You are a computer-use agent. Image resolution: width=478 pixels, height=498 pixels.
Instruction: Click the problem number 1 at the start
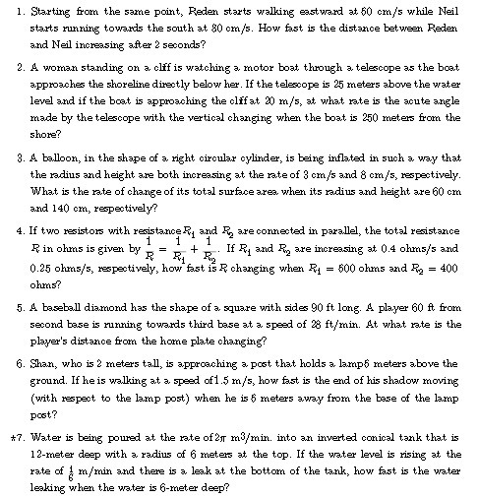(22, 11)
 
